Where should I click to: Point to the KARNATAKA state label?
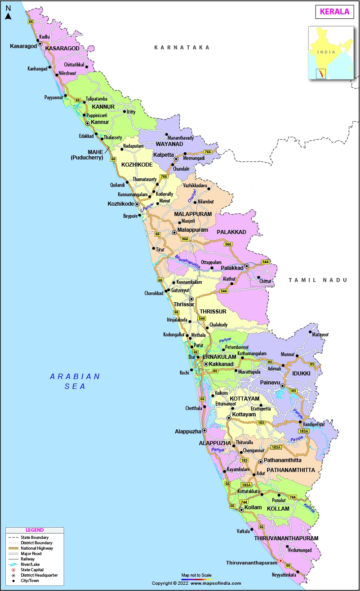click(182, 47)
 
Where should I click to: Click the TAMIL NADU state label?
click(318, 280)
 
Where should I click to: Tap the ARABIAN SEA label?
click(75, 381)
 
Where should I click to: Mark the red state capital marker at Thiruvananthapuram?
click(281, 560)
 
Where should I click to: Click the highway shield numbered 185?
click(293, 391)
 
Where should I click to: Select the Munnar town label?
click(287, 354)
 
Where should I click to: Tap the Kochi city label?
click(184, 373)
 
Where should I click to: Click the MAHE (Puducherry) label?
click(87, 155)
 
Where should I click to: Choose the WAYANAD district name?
click(169, 144)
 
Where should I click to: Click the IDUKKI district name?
click(301, 373)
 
